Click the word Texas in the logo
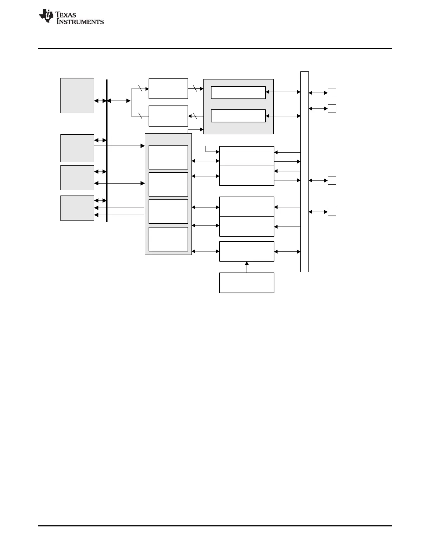pyautogui.click(x=66, y=15)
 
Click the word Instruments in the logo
pyautogui.click(x=80, y=22)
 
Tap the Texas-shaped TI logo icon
pyautogui.click(x=46, y=16)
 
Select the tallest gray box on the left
pyautogui.click(x=77, y=96)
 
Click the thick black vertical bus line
pyautogui.click(x=107, y=151)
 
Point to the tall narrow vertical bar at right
pyautogui.click(x=305, y=172)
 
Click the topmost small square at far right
pyautogui.click(x=332, y=93)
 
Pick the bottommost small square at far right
pyautogui.click(x=332, y=212)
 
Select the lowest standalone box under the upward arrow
pyautogui.click(x=247, y=283)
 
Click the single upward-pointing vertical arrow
pyautogui.click(x=247, y=267)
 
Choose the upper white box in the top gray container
pyautogui.click(x=238, y=92)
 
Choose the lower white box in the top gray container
pyautogui.click(x=238, y=116)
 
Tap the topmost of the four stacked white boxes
pyautogui.click(x=168, y=157)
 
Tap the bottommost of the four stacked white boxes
pyautogui.click(x=168, y=239)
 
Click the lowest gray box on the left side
pyautogui.click(x=77, y=208)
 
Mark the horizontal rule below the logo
pyautogui.click(x=215, y=48)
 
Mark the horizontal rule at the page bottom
pyautogui.click(x=215, y=526)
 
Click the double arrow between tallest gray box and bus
pyautogui.click(x=100, y=101)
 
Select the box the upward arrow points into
pyautogui.click(x=247, y=251)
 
